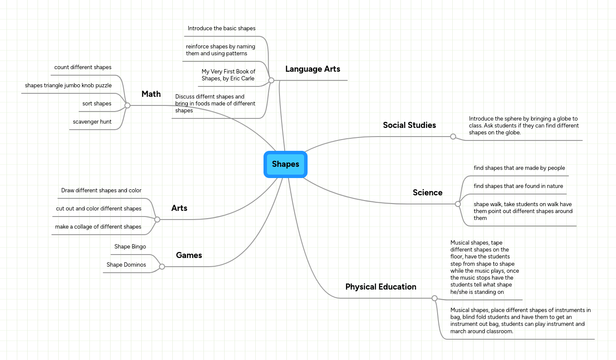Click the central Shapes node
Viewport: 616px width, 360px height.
[286, 164]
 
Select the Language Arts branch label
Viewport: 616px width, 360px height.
[312, 69]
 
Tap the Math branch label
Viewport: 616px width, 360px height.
[151, 94]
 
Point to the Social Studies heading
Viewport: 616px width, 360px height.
[409, 125]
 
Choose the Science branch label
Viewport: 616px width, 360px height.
[427, 193]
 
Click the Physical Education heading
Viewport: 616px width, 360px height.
[381, 287]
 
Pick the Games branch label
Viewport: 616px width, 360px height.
[189, 255]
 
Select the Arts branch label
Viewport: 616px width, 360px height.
[179, 208]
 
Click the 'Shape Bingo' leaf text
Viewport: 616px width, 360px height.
[130, 247]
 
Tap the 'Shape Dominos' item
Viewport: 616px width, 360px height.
[126, 265]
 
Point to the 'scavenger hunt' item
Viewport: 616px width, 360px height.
[92, 122]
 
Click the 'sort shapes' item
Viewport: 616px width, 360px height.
[97, 104]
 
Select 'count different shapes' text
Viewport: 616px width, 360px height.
[83, 67]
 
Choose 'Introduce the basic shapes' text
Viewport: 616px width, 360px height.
[221, 29]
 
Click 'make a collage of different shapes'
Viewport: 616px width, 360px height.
[98, 227]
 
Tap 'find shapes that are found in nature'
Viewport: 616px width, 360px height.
[518, 186]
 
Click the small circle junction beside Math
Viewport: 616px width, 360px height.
[127, 105]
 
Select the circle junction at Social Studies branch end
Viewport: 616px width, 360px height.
[453, 137]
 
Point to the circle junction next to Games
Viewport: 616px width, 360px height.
[162, 267]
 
